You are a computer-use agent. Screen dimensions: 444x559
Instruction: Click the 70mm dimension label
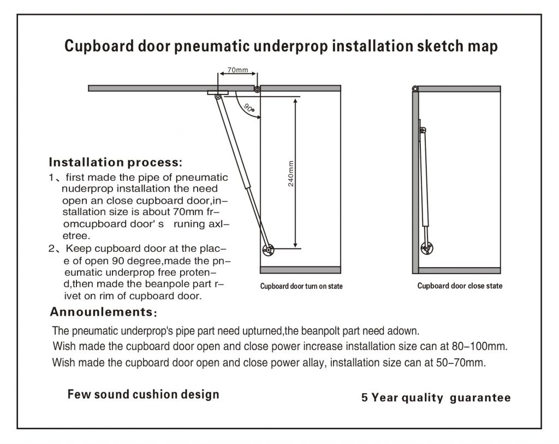coord(237,70)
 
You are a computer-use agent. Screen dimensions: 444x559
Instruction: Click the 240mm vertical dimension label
coord(291,174)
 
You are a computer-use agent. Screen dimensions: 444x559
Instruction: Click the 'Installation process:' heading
coord(115,162)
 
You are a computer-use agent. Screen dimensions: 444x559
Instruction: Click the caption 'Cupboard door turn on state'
coord(301,286)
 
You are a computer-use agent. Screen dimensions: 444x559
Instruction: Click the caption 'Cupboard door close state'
coord(460,286)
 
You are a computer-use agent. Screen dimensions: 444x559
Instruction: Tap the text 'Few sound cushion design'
coord(143,394)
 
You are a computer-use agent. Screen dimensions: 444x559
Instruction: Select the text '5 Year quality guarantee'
coord(436,398)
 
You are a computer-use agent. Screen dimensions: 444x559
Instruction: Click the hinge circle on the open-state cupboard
coord(258,88)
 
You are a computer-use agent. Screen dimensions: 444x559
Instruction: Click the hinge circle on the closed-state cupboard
coord(415,88)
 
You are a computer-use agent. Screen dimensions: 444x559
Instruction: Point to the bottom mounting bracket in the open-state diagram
coord(267,250)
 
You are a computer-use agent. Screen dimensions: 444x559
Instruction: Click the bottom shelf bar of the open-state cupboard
coord(300,270)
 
